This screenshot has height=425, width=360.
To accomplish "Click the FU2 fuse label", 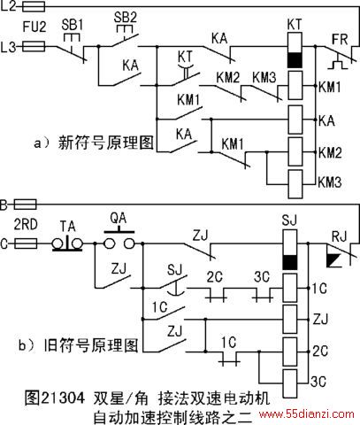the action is point(34,27).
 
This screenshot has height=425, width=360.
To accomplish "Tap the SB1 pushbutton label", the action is point(73,25).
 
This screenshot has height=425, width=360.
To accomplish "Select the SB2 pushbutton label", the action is point(126,18).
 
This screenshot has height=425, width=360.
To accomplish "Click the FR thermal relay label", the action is point(340,39).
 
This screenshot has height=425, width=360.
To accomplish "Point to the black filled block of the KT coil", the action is point(295,60).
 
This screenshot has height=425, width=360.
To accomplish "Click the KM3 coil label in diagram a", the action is point(330,182).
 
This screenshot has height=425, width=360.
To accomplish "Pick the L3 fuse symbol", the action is point(34,46).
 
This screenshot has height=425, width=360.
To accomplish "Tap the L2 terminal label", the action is point(9,6).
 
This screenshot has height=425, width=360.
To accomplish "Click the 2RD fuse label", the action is point(26,225).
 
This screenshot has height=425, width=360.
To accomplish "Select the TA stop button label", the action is point(68,227).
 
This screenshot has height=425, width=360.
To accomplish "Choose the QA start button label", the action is point(119,218).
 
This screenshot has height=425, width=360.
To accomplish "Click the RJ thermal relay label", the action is point(340,236).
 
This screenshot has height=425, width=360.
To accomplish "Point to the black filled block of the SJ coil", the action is point(290,262).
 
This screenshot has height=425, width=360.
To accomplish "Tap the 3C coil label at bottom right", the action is point(318,382).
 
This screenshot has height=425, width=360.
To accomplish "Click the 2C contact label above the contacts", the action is point(214,277).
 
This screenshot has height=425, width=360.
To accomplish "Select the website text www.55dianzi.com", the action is point(307,413).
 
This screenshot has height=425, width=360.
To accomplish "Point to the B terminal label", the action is point(4,205).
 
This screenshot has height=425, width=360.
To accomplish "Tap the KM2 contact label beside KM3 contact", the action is point(228,77).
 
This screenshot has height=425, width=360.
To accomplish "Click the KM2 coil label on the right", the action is point(330,152).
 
